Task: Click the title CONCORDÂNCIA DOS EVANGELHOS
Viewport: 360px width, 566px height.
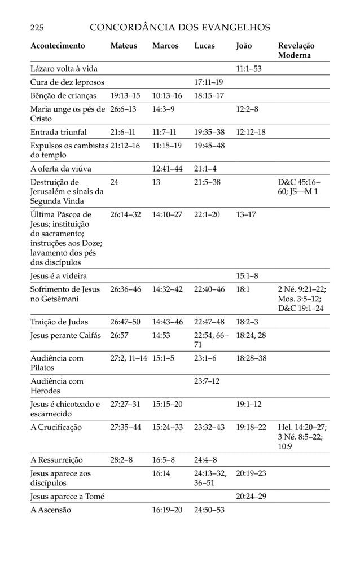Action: click(180, 27)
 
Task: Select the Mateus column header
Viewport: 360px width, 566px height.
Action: click(124, 46)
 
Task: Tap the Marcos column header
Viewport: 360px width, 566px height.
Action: click(165, 46)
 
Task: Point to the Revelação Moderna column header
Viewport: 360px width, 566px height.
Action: click(297, 51)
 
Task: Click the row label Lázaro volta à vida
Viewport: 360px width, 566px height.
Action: click(64, 69)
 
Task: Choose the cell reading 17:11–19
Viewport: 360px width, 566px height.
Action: click(208, 82)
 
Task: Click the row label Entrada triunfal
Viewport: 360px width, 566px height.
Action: click(59, 133)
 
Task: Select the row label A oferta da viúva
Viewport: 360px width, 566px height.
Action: click(61, 169)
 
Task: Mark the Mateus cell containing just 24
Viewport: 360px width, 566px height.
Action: click(115, 182)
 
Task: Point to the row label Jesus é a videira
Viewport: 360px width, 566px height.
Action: click(63, 276)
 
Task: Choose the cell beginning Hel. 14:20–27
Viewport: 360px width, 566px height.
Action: click(302, 437)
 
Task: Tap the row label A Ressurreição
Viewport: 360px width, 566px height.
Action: click(56, 459)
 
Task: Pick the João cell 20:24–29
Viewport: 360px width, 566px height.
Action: click(251, 497)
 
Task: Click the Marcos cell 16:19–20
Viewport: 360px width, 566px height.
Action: click(168, 510)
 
